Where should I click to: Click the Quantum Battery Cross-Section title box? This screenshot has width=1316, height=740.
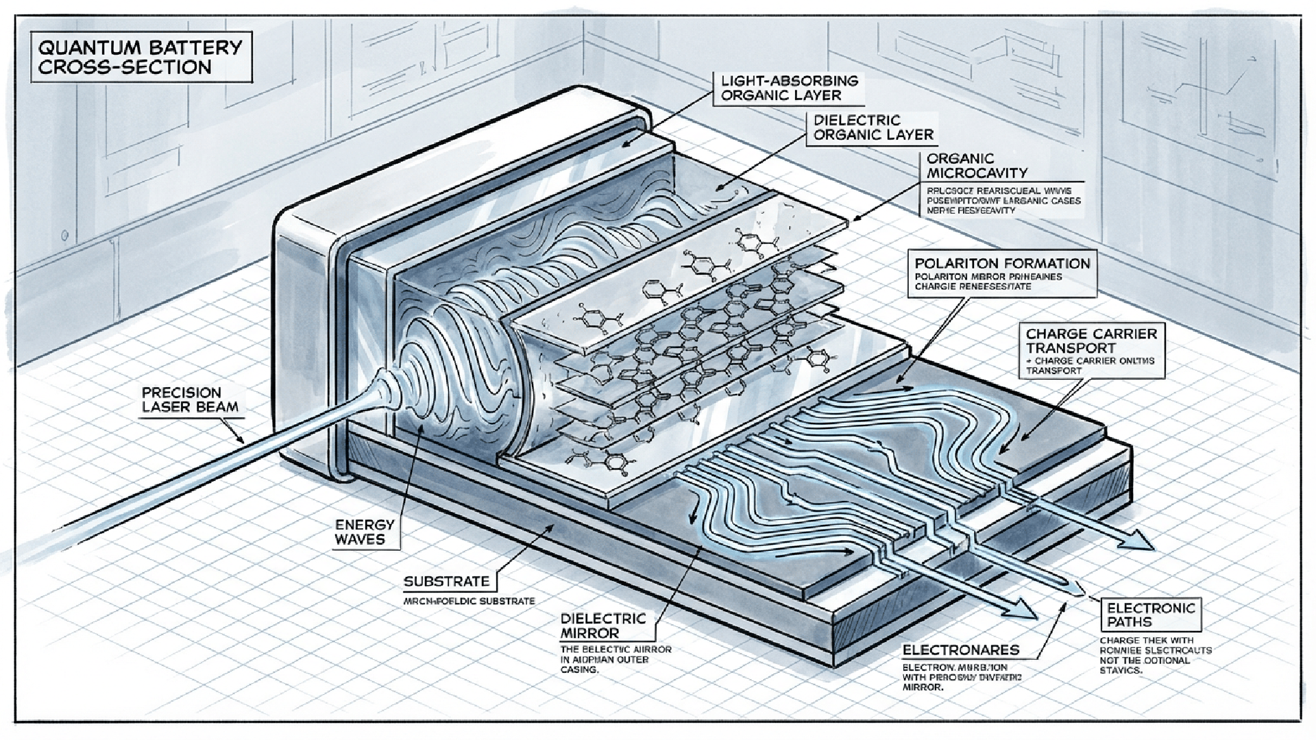point(140,58)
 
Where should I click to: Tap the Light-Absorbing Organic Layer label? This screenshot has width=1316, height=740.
point(789,88)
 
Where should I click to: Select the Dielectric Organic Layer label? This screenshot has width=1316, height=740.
point(873,127)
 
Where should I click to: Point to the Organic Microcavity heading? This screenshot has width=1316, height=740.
point(977,166)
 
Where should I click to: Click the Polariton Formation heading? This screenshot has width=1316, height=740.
point(1002,263)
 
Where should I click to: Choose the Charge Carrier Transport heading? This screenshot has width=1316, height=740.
point(1090,341)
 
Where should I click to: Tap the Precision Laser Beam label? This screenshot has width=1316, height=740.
point(190,399)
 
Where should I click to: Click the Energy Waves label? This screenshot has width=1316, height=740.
point(364,532)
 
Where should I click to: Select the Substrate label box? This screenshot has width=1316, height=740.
point(447,582)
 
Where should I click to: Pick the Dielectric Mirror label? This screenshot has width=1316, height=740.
point(603,626)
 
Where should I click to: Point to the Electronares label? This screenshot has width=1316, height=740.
point(960,650)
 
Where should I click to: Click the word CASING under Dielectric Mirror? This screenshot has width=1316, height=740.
point(579,670)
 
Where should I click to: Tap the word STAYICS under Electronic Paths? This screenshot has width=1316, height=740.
point(1121,670)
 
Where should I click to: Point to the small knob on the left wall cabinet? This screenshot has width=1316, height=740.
point(64,236)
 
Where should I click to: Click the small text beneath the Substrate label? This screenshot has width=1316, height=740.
point(469,601)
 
